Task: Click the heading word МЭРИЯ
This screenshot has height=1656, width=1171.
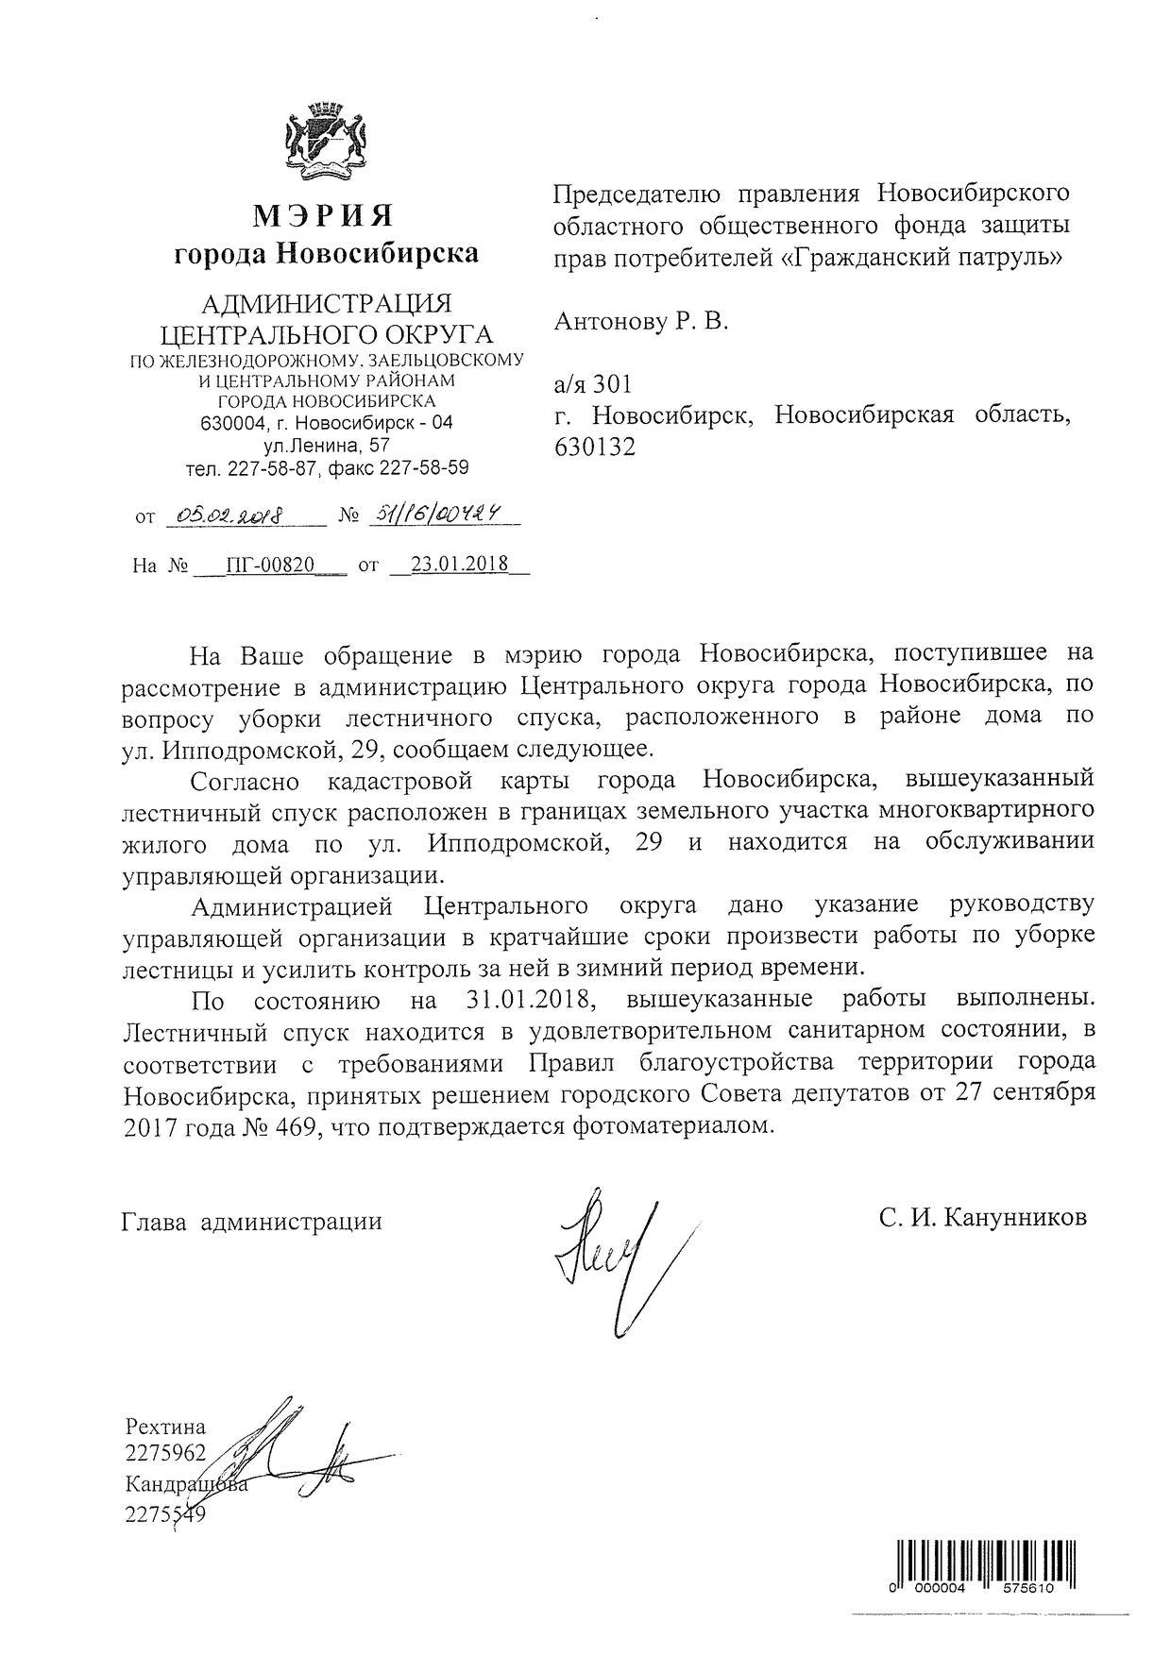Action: [323, 217]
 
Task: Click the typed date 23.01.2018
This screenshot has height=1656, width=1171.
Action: [460, 565]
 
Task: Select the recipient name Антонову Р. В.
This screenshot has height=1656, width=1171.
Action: [641, 322]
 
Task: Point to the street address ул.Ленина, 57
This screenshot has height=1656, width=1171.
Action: [326, 445]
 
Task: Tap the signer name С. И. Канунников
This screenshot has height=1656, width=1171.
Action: [982, 1218]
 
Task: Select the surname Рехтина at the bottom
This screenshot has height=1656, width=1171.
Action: [164, 1427]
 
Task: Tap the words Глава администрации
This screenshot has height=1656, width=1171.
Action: [251, 1222]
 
